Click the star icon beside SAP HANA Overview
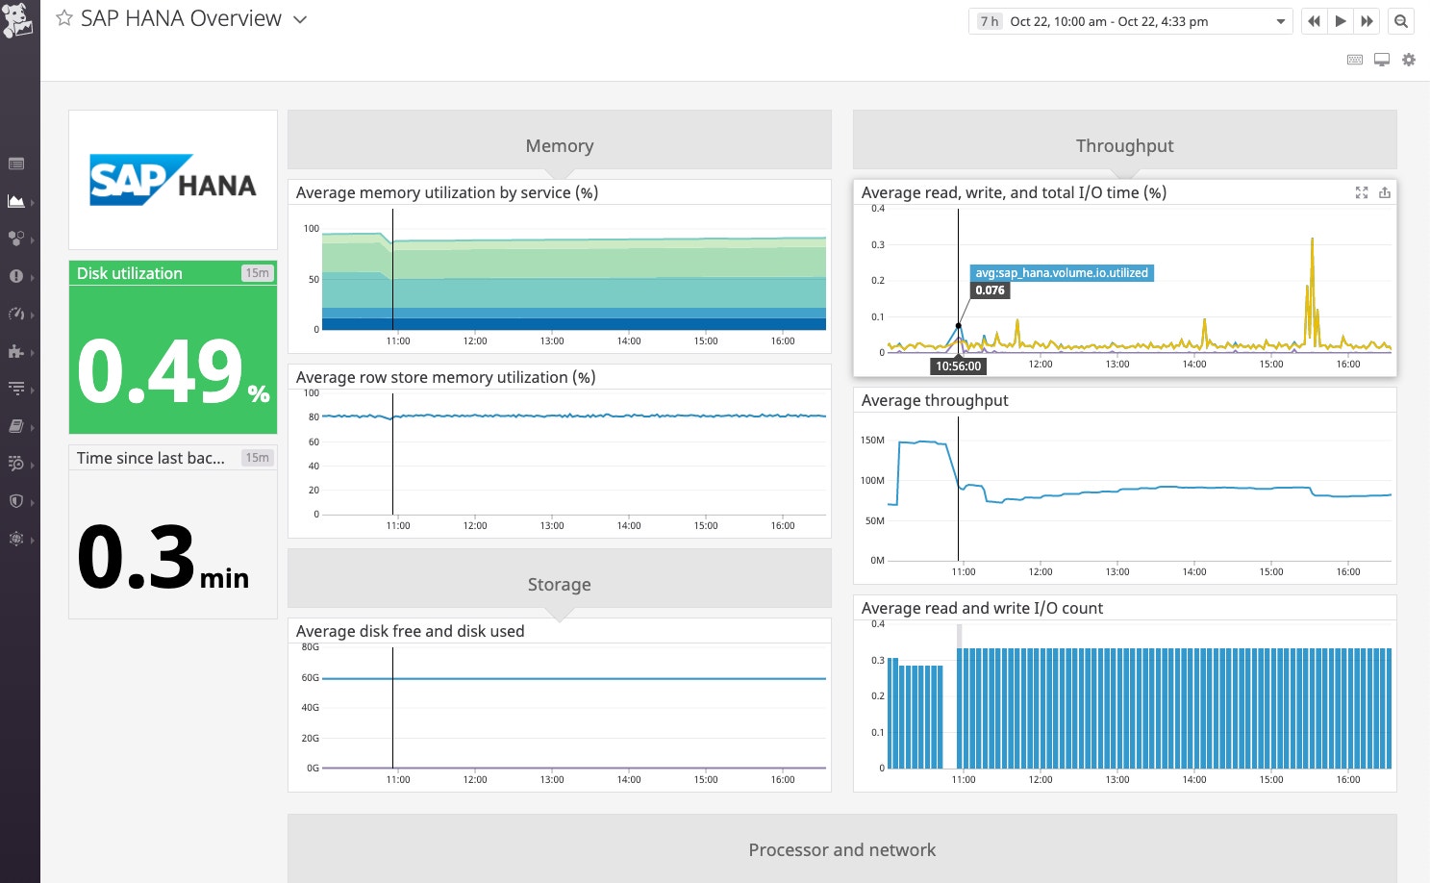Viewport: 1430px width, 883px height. [64, 19]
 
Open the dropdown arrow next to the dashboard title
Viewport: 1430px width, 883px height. [300, 19]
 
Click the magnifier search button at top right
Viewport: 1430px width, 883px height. [1401, 21]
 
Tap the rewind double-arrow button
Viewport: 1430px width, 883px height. [1314, 21]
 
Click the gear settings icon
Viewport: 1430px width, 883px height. [1409, 60]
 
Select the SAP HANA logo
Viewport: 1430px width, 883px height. [173, 180]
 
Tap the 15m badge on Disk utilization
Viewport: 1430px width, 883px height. [257, 273]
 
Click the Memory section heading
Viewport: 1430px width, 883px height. [560, 146]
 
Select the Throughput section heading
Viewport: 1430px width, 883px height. [1124, 146]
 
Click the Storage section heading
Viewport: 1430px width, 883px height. [560, 585]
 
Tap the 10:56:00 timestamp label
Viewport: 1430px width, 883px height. [959, 366]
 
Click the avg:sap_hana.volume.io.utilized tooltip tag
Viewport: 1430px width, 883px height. [1062, 273]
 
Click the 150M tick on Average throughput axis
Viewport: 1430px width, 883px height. [872, 441]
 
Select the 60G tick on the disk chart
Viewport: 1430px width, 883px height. [310, 678]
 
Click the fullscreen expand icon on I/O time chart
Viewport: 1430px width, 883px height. [1362, 192]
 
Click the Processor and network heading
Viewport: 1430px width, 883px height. [841, 850]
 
